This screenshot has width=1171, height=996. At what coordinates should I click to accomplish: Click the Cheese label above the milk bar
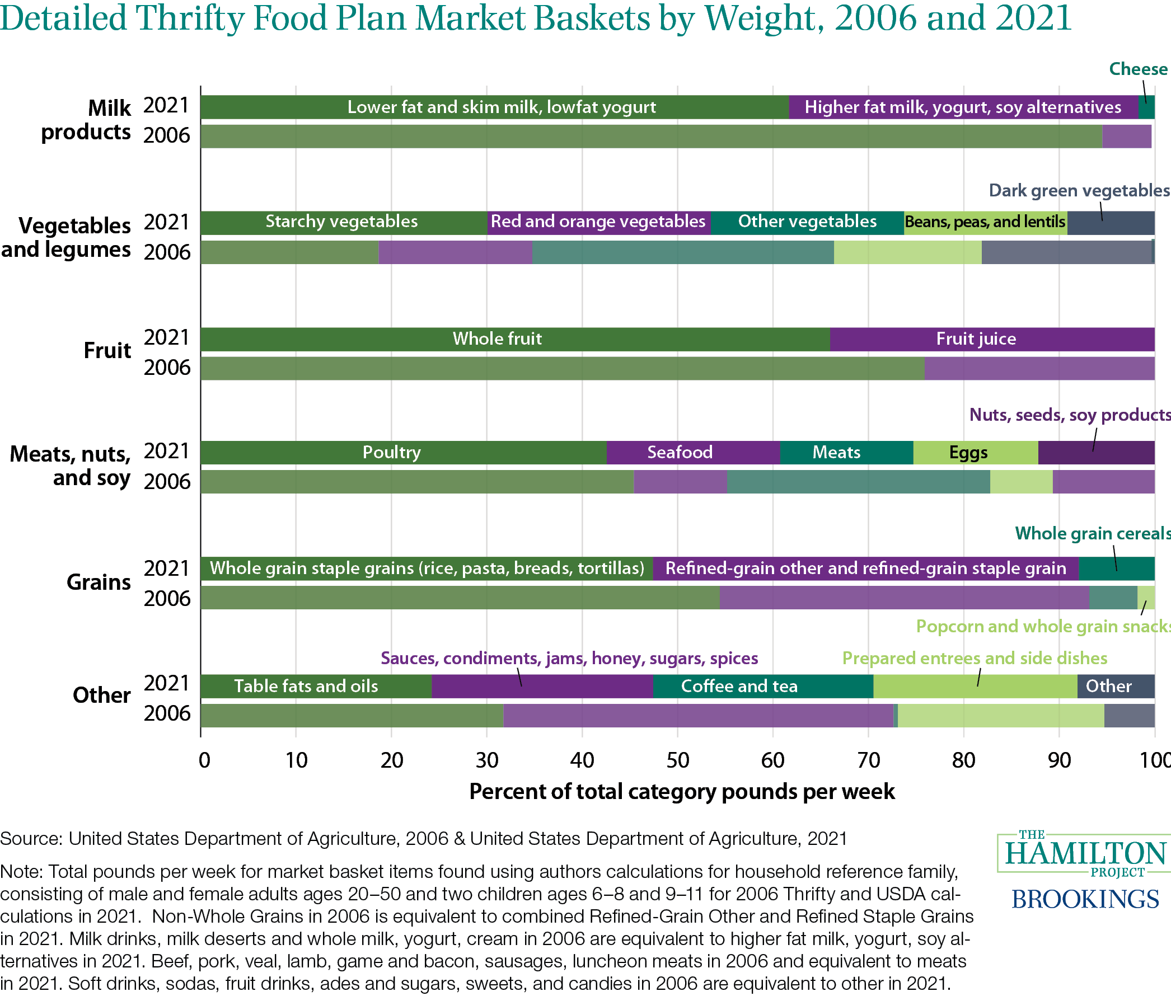(x=1137, y=69)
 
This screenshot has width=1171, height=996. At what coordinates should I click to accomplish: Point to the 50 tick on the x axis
(x=677, y=760)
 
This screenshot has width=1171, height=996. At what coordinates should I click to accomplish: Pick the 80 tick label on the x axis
(x=963, y=760)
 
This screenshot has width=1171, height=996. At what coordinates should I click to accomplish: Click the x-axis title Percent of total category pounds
(x=682, y=792)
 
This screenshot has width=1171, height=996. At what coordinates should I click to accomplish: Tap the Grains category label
(x=99, y=582)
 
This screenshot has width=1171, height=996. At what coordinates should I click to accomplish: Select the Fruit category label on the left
(x=107, y=350)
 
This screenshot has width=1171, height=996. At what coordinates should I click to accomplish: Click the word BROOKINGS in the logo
(x=1085, y=899)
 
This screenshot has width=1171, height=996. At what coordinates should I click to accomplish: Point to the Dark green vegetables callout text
(x=1079, y=190)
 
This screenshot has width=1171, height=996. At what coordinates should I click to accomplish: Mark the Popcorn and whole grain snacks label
(x=1043, y=626)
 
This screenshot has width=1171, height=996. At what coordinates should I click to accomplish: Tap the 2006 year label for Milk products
(x=167, y=135)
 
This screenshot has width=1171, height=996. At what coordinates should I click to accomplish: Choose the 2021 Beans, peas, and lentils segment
(x=985, y=222)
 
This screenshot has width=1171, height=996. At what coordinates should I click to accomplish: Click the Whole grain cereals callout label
(x=1093, y=533)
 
